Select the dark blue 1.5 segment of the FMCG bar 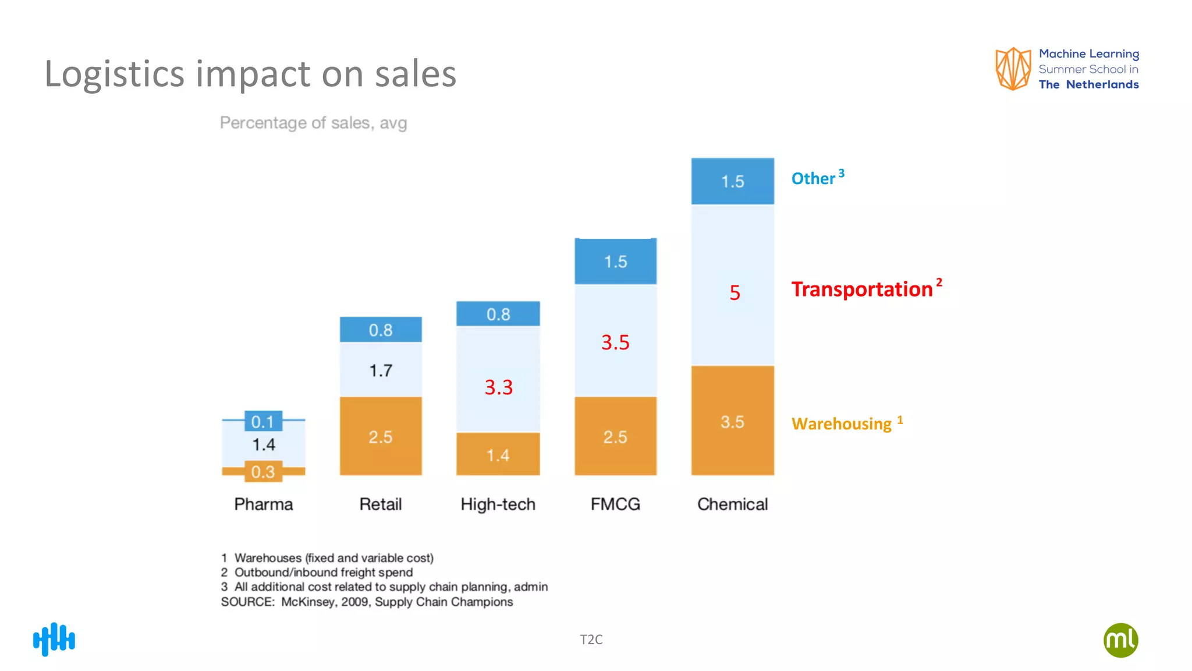[615, 262]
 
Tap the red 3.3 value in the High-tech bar [499, 387]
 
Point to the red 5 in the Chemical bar [735, 292]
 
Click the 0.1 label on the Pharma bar [263, 421]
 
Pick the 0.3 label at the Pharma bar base [263, 472]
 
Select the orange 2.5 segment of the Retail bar [381, 436]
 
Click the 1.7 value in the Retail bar [381, 370]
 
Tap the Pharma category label [263, 504]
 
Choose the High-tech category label [498, 504]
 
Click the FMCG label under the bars [615, 504]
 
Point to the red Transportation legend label [862, 289]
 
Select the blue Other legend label [814, 178]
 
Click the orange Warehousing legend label [842, 423]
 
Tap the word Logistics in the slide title [114, 74]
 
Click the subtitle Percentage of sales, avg [313, 123]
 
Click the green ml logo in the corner [1120, 640]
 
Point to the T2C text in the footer [591, 640]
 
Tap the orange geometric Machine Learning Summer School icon [1013, 69]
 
